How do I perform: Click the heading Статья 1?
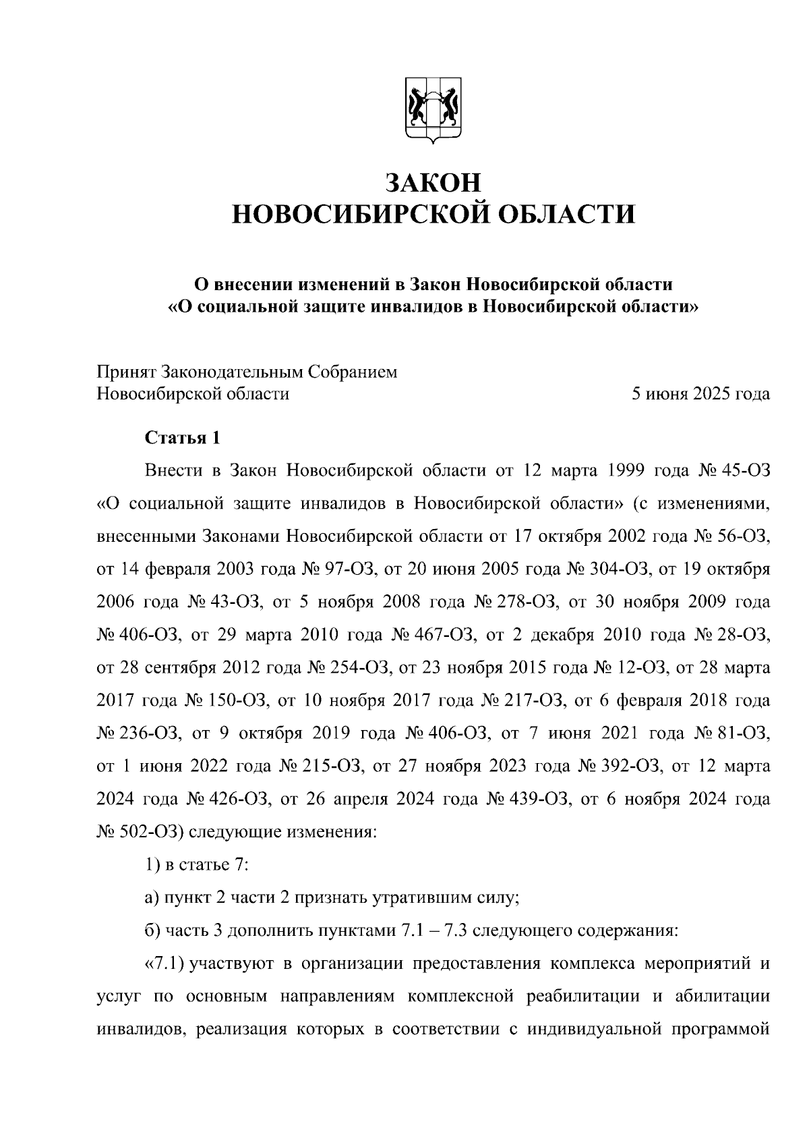click(x=183, y=438)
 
